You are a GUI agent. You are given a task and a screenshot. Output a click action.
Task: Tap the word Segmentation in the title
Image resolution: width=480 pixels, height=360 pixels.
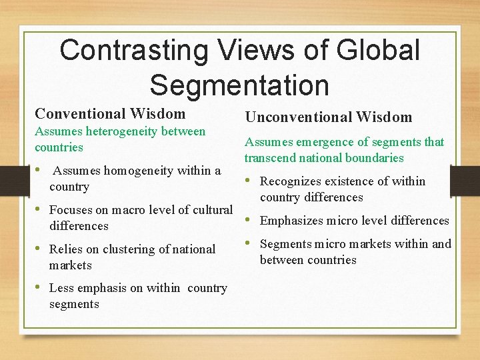point(239,85)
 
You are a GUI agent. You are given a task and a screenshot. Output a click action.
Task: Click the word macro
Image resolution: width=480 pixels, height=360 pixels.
point(129,210)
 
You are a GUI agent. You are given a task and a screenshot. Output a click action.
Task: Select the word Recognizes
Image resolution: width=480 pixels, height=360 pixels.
point(290,181)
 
